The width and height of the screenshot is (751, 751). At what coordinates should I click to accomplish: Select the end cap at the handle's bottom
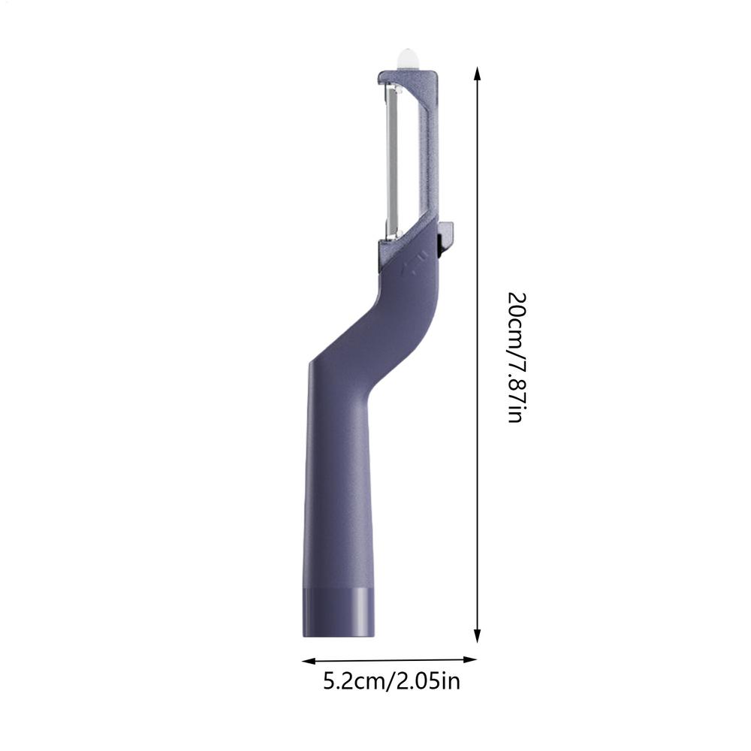(339, 612)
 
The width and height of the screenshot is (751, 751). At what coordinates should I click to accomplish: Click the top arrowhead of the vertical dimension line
(477, 74)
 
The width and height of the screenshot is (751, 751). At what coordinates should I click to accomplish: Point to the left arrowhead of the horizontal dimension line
(309, 661)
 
